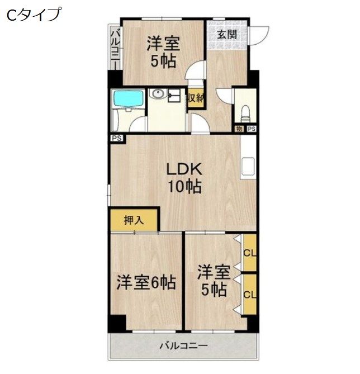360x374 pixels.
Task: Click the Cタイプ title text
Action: pyautogui.click(x=34, y=15)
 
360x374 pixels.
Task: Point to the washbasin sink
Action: pyautogui.click(x=159, y=95)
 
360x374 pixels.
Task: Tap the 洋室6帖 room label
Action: pyautogui.click(x=146, y=282)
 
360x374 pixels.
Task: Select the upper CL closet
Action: pyautogui.click(x=250, y=253)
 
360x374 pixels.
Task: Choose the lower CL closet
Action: pyautogui.click(x=250, y=293)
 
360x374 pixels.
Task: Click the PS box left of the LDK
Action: pyautogui.click(x=117, y=139)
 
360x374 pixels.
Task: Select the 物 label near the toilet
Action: pyautogui.click(x=239, y=129)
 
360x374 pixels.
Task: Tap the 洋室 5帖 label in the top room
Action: pyautogui.click(x=163, y=51)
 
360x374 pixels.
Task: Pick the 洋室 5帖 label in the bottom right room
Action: pyautogui.click(x=213, y=281)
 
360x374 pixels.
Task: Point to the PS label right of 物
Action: pyautogui.click(x=251, y=129)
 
